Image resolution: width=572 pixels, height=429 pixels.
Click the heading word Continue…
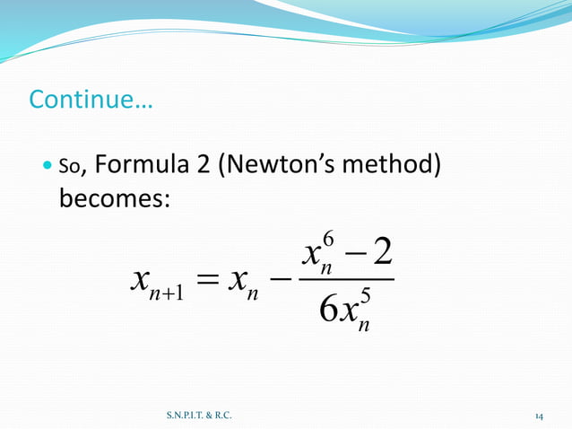(x=91, y=99)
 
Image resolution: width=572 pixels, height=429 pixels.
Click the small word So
(x=71, y=166)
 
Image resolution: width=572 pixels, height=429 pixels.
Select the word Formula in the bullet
(x=134, y=165)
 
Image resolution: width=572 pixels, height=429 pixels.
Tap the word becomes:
(x=114, y=197)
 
